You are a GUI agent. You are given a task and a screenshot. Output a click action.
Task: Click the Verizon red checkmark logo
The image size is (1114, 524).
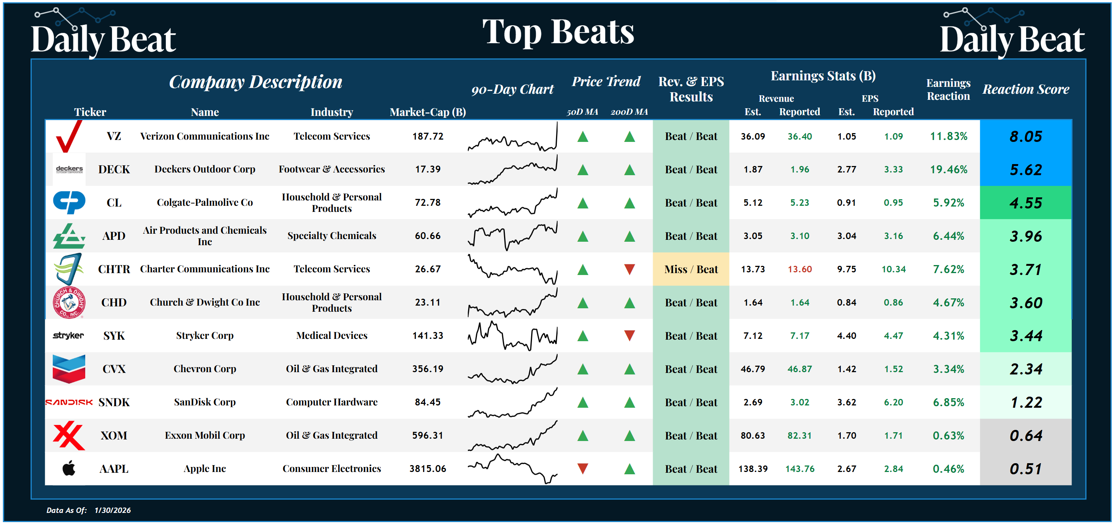[68, 136]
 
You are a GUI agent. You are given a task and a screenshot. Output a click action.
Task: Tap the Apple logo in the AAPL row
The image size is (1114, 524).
[69, 468]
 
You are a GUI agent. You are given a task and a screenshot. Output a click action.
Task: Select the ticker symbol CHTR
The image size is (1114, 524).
[114, 269]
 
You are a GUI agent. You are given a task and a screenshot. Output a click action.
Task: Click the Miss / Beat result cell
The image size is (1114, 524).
[691, 269]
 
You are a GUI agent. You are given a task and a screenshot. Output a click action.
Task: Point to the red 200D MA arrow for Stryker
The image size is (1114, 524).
[629, 335]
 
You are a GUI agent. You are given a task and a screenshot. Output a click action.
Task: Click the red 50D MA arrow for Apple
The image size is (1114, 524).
[582, 468]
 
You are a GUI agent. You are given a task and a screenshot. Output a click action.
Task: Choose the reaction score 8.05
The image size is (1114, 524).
[1025, 137]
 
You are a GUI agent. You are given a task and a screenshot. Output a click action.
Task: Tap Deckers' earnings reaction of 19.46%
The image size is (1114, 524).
[949, 169]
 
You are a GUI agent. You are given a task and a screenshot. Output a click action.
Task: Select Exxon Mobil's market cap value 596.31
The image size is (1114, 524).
[427, 435]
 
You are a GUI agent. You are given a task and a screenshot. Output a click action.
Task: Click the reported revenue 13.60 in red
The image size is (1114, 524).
[799, 269]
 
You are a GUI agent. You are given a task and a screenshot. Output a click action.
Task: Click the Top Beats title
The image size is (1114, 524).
[558, 32]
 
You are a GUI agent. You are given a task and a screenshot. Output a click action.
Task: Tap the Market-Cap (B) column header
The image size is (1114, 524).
[427, 112]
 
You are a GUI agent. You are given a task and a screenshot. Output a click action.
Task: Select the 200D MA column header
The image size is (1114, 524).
[629, 112]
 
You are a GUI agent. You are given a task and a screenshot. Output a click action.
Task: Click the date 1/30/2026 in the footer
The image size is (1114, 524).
[112, 510]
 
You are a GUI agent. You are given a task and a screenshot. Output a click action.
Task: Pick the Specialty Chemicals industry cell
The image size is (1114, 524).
[332, 236]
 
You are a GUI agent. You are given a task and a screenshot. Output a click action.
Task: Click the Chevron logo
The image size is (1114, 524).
[69, 369]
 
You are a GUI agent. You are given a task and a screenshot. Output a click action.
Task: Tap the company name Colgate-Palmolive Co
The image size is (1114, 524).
[204, 202]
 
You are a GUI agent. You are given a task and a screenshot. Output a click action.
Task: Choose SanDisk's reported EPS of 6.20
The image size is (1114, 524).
[893, 402]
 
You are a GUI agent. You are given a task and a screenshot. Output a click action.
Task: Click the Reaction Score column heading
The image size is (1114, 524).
[1025, 89]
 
